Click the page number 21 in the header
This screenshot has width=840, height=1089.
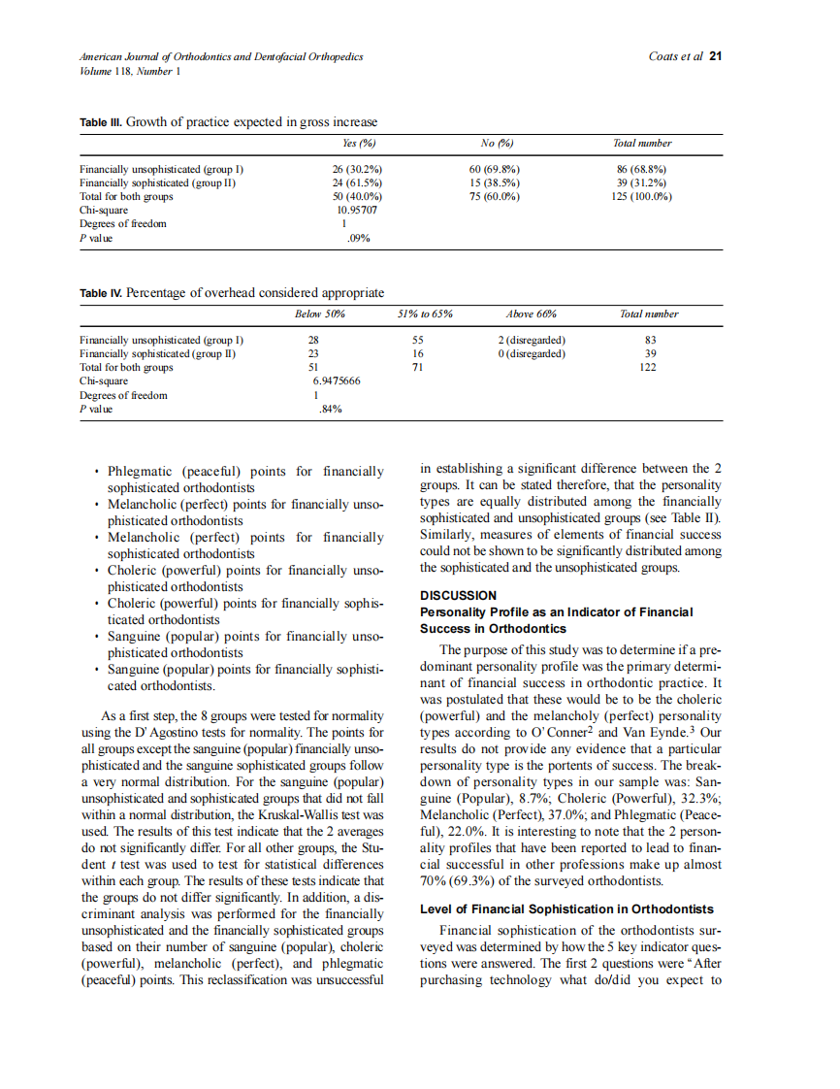point(716,56)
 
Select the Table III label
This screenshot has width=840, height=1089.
point(102,122)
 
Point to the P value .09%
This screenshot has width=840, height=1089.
point(357,237)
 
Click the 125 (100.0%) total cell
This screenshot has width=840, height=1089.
point(637,196)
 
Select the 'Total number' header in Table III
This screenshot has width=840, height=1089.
point(642,144)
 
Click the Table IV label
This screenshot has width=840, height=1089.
point(102,293)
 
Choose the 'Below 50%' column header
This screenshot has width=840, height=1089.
point(320,314)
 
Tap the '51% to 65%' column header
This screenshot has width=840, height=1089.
point(426,314)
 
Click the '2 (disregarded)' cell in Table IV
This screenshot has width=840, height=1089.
point(532,340)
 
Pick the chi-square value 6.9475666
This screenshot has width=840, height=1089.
point(330,381)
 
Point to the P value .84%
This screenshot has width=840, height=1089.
point(330,410)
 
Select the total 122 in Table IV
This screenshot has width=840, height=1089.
point(649,368)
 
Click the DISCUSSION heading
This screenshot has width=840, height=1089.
point(458,595)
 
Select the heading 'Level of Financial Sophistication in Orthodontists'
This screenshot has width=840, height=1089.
point(566,909)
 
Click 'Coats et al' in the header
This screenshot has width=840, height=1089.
point(676,56)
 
